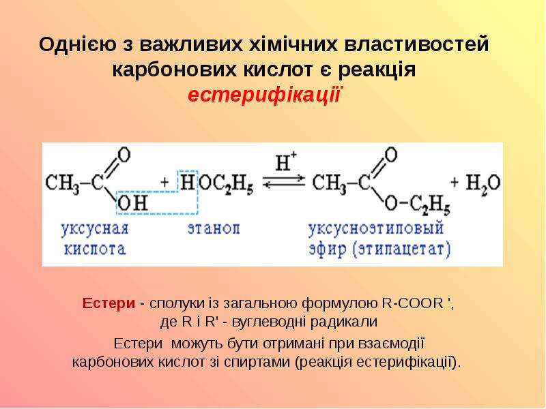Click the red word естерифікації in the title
[x=263, y=95]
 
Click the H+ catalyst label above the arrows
[x=285, y=162]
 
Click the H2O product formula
[x=483, y=183]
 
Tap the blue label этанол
[x=214, y=229]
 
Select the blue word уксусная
[x=95, y=230]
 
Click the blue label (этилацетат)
[x=402, y=249]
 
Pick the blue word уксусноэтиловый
[x=376, y=229]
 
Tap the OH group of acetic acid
[x=132, y=202]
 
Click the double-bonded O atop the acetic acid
[x=124, y=155]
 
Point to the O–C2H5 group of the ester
[x=417, y=204]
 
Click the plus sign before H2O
[x=455, y=181]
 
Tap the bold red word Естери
[x=109, y=303]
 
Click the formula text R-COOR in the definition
[x=412, y=303]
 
